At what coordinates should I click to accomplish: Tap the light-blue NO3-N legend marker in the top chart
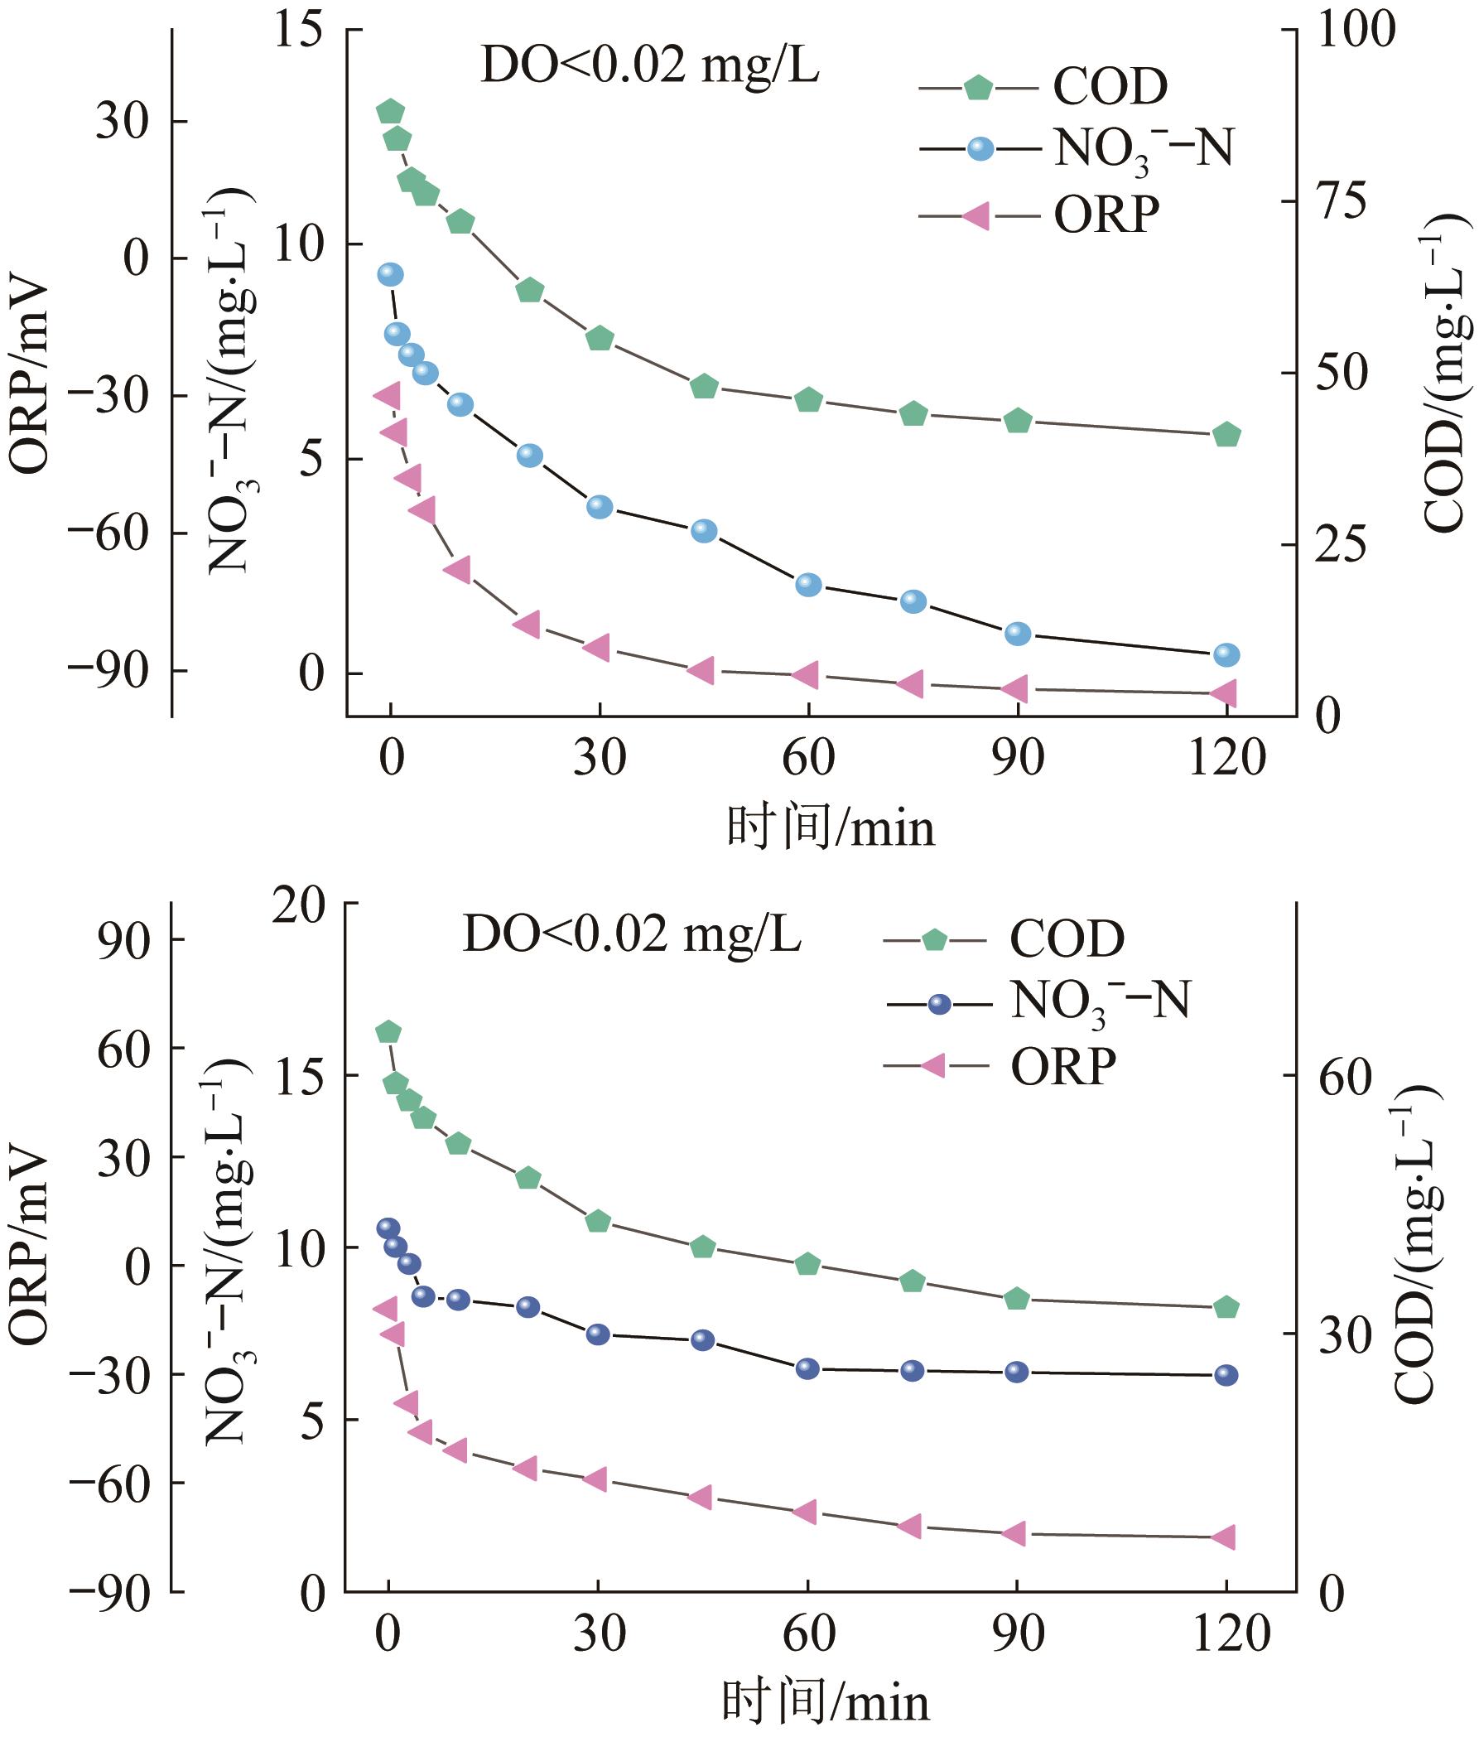(980, 149)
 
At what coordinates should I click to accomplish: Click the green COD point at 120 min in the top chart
(1226, 434)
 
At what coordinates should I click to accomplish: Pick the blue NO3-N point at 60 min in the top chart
(807, 584)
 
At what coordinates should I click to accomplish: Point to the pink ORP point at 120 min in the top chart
(1226, 692)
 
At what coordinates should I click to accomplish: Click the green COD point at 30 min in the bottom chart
(597, 1222)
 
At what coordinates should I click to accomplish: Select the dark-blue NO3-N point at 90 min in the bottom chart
(1016, 1372)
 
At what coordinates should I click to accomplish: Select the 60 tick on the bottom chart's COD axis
(1344, 1076)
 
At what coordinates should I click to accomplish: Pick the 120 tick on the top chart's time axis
(1226, 759)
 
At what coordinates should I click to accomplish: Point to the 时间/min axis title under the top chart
(830, 828)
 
